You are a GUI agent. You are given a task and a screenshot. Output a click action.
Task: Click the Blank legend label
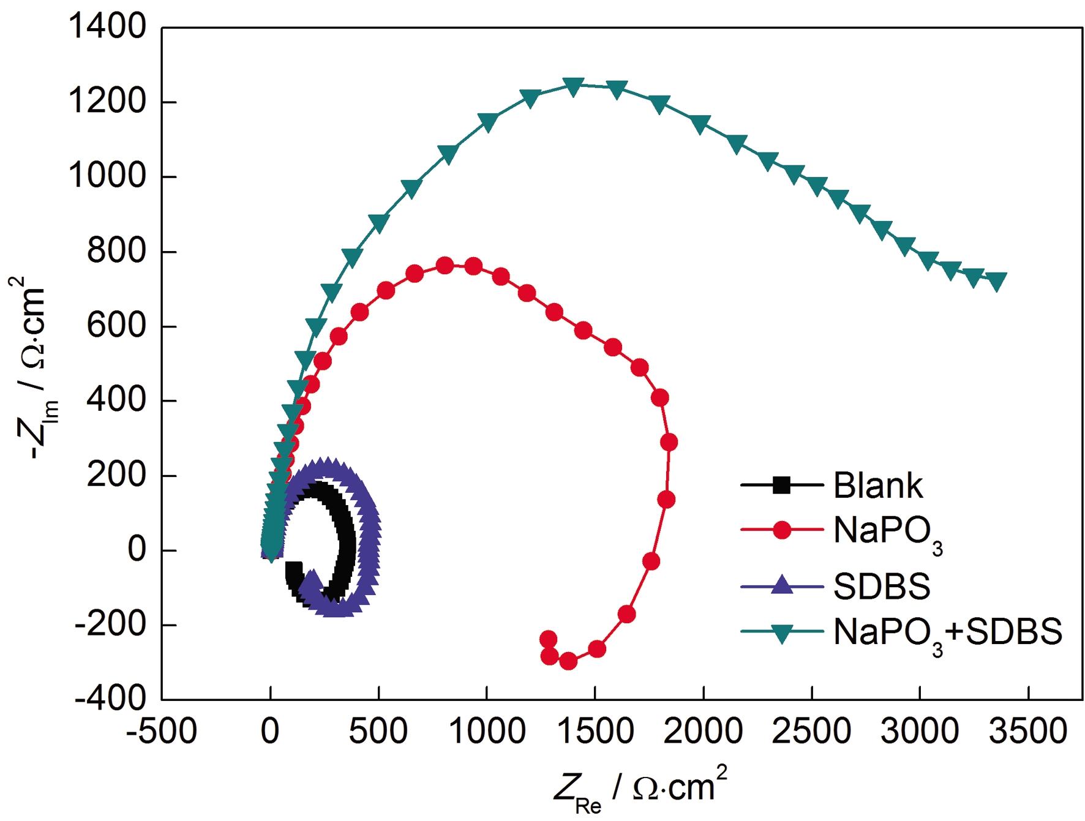click(877, 485)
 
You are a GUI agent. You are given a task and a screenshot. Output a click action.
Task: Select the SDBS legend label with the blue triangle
click(882, 586)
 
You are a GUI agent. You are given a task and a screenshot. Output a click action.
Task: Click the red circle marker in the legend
click(782, 530)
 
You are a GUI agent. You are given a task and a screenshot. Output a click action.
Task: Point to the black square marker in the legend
click(782, 485)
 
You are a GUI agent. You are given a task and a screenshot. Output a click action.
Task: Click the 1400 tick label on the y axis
click(107, 28)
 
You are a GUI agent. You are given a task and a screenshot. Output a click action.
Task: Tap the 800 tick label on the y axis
click(116, 251)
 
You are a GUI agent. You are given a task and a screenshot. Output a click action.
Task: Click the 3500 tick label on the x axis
click(1028, 731)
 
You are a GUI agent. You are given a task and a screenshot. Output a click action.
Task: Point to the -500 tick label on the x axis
click(162, 731)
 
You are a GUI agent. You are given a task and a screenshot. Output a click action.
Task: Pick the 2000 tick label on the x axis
click(704, 731)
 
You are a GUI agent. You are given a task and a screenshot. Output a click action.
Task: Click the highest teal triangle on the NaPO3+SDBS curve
click(573, 86)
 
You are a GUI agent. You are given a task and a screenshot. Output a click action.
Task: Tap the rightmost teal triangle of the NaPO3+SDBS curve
click(997, 281)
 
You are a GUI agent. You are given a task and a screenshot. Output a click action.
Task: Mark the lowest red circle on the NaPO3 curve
click(568, 661)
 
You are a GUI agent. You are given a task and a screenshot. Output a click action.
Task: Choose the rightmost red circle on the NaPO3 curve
click(669, 442)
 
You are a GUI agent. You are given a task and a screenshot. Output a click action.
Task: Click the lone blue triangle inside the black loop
click(312, 580)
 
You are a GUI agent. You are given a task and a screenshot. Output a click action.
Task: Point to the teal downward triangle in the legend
click(782, 633)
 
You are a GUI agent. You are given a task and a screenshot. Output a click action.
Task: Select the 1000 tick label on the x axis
click(487, 731)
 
